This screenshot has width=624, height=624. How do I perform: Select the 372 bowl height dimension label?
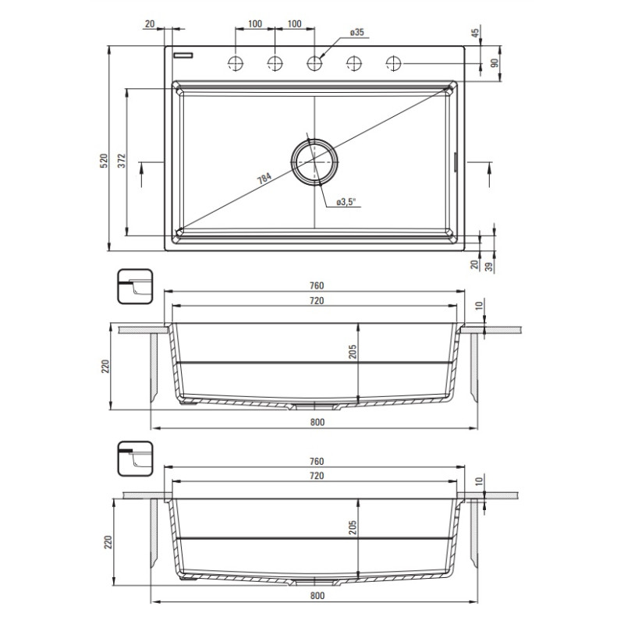point(122,161)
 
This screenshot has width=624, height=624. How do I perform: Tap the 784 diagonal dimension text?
point(264,179)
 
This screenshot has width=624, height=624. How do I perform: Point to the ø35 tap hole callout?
point(357,32)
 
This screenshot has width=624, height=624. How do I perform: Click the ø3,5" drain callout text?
point(346,203)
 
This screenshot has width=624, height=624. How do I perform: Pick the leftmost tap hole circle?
point(236,62)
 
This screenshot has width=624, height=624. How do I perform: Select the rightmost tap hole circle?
point(393,62)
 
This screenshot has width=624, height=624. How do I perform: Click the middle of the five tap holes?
point(314,62)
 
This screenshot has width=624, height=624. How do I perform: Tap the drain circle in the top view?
point(314,161)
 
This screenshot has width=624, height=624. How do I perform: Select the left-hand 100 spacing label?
point(255,24)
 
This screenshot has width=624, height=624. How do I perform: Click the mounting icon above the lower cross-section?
point(136,458)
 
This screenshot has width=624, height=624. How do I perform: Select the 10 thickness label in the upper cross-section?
point(478,304)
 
